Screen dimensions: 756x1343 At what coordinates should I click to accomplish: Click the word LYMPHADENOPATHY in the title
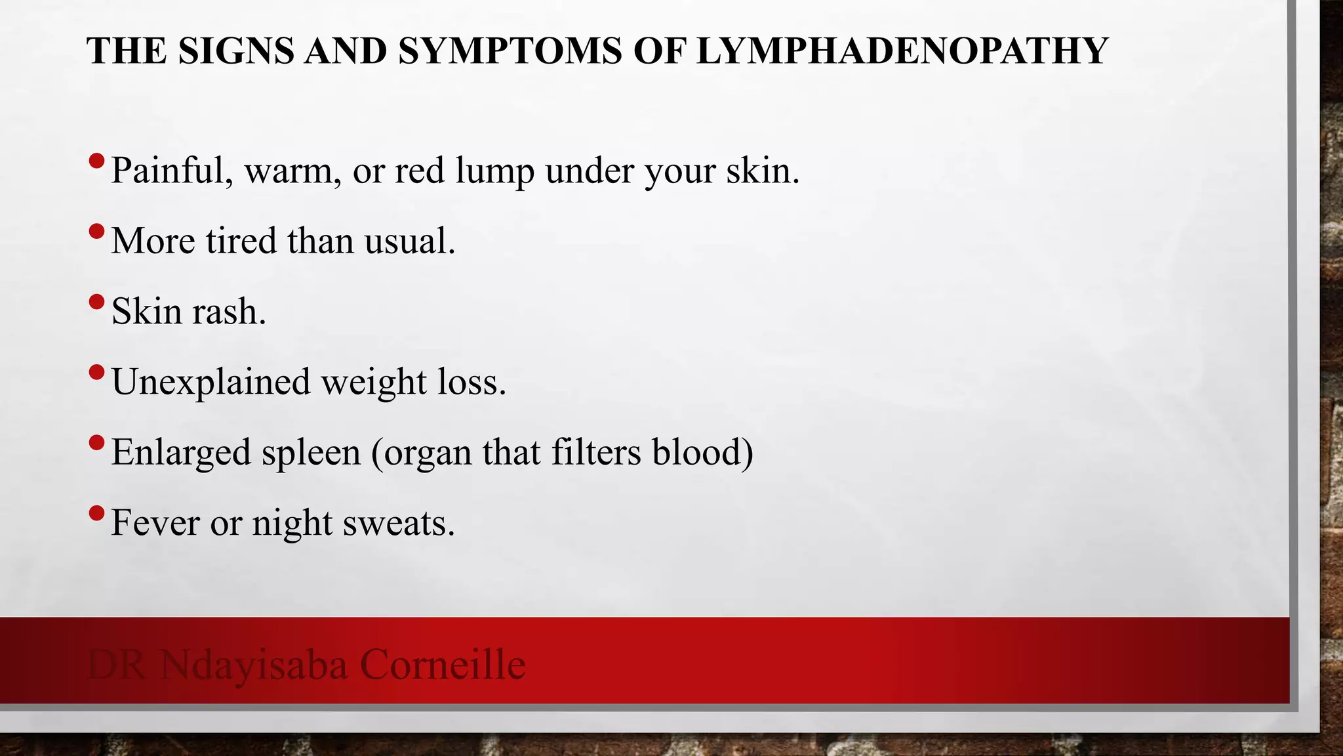(902, 51)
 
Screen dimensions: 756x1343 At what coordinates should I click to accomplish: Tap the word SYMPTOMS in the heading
(510, 51)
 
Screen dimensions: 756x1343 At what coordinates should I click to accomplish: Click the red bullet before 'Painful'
(96, 160)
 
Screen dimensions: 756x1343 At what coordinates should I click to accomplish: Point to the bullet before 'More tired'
(96, 231)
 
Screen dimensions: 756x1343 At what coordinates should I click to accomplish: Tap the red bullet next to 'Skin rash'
(96, 301)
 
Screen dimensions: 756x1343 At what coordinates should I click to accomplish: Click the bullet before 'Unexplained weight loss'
(96, 372)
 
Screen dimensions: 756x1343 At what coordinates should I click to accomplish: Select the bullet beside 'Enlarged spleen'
(96, 442)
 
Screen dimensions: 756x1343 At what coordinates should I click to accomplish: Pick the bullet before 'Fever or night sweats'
(96, 513)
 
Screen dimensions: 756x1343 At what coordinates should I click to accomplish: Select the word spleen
(311, 453)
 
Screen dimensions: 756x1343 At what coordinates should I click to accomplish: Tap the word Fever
(155, 523)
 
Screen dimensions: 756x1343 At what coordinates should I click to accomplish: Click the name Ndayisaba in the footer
(253, 665)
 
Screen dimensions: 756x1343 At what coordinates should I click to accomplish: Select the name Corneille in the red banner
(443, 664)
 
